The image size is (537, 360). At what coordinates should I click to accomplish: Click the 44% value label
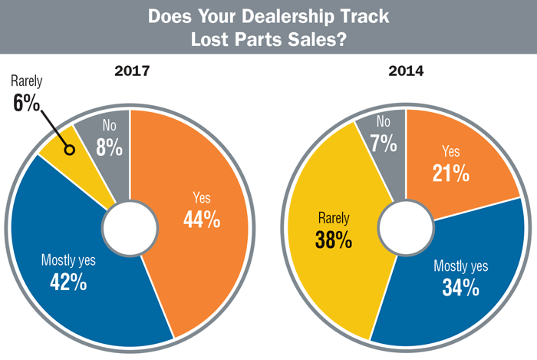202,220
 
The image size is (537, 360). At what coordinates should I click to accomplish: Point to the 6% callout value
26,103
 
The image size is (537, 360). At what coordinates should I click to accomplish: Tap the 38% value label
333,239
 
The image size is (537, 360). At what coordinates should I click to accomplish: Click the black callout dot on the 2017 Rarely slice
70,150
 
